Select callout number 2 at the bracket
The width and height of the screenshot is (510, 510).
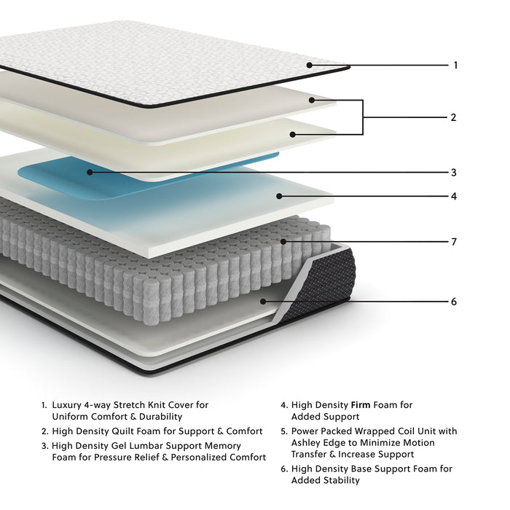(x=453, y=117)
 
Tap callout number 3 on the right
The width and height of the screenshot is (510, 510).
(x=453, y=173)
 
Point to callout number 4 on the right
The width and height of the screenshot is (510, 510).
(x=453, y=196)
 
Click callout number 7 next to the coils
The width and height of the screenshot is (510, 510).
(x=453, y=241)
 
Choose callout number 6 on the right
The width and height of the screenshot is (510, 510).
(x=453, y=301)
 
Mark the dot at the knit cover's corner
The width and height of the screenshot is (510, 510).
(x=310, y=65)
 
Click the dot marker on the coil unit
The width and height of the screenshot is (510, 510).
(x=284, y=241)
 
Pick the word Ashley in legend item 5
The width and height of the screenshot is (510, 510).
(x=307, y=442)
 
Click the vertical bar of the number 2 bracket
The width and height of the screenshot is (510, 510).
(x=363, y=117)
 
